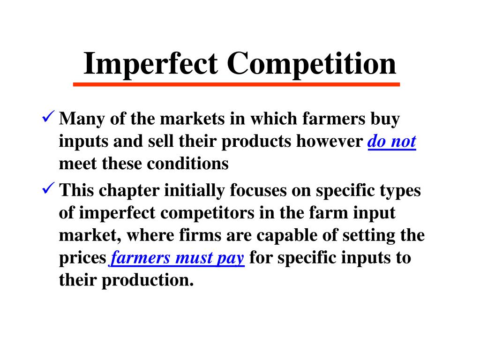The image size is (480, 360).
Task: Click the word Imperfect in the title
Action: tap(151, 64)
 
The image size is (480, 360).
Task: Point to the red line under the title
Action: tap(237, 84)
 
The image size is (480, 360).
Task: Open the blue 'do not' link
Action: tap(392, 142)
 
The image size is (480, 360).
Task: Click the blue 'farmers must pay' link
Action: tap(178, 258)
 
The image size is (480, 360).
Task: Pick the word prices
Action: tap(83, 258)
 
